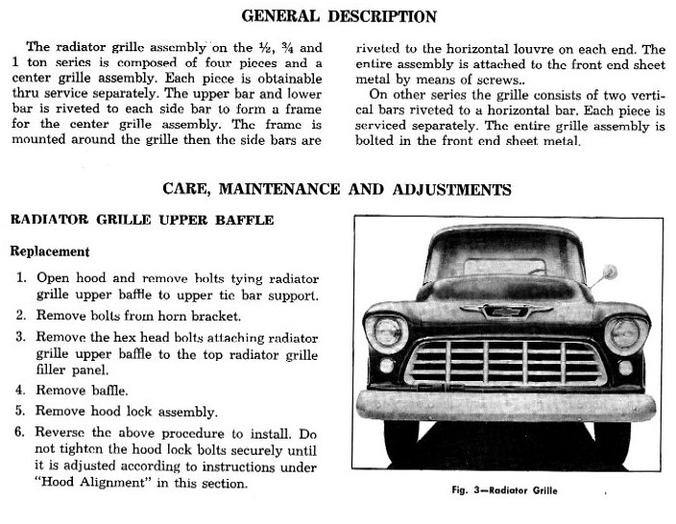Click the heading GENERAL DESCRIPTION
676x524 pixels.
[338, 16]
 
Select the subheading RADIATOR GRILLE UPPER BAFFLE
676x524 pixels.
[141, 221]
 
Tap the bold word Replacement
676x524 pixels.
[50, 251]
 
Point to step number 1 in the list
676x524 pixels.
[21, 277]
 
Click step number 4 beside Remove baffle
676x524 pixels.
[21, 391]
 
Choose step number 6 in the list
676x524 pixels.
[21, 433]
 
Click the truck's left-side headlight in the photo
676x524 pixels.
[388, 332]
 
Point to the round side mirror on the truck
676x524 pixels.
[608, 273]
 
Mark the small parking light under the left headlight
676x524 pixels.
[386, 366]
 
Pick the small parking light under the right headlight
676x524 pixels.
[625, 367]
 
